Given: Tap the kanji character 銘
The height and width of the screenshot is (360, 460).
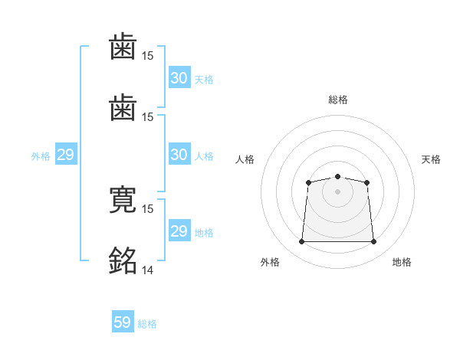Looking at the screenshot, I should click(123, 260).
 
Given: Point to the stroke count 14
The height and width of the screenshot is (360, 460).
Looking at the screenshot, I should click(148, 270).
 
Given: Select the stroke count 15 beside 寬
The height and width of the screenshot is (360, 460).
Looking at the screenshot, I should click(148, 208).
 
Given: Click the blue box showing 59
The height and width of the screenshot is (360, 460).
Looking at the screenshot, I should click(123, 322).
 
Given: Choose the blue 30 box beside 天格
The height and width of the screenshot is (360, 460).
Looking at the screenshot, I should click(179, 78).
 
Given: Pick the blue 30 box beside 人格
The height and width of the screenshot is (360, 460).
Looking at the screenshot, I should click(179, 155).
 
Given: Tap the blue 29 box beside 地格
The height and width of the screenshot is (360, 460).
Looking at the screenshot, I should click(179, 231).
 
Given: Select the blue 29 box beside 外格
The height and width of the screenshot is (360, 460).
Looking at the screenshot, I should click(66, 155).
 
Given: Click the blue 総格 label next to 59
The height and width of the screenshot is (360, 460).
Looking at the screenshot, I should click(148, 324).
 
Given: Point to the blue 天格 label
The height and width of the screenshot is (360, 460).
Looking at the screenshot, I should click(203, 80).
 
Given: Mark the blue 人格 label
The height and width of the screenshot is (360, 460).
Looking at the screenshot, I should click(203, 156).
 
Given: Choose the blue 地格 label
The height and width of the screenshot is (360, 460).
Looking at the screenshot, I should click(203, 233).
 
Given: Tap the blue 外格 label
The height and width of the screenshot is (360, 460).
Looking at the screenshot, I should click(41, 156).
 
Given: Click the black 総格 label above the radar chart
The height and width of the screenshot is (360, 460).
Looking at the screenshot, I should click(337, 100).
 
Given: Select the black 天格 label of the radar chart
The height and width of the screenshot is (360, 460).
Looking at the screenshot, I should click(432, 159).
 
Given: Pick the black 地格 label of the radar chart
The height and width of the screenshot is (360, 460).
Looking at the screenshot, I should click(402, 262).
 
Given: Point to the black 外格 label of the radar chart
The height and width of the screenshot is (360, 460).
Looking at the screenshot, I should click(270, 262).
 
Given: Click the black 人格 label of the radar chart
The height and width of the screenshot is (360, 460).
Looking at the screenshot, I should click(245, 159).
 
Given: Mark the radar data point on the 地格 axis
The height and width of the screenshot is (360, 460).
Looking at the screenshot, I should click(374, 242).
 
